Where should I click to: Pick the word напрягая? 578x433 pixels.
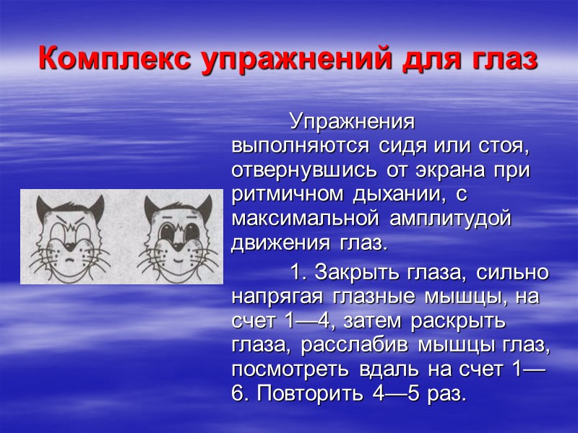coord(278,297)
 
